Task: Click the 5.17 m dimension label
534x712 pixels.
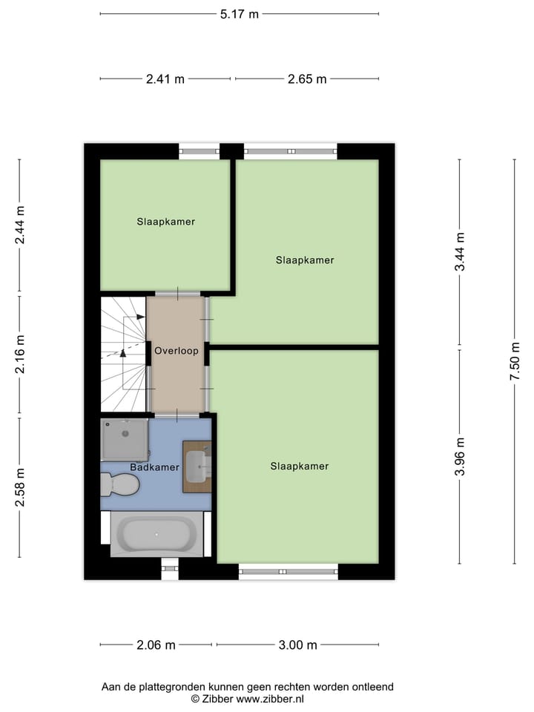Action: [x=239, y=13]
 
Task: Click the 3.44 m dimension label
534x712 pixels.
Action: [x=460, y=251]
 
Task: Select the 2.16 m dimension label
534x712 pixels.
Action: [x=20, y=354]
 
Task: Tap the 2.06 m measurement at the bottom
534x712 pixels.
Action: [x=156, y=645]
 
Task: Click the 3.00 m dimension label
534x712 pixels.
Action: [x=297, y=645]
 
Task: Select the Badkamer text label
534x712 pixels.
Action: [x=154, y=467]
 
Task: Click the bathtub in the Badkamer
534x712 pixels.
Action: [x=156, y=534]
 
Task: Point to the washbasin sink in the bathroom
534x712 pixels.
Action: [x=199, y=467]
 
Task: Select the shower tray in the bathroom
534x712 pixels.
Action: [x=125, y=439]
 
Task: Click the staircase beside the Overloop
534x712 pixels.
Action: [x=123, y=353]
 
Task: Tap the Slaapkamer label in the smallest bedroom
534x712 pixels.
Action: [x=165, y=221]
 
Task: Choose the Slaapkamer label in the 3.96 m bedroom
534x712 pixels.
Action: [x=299, y=466]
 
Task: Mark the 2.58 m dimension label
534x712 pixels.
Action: [x=20, y=487]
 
